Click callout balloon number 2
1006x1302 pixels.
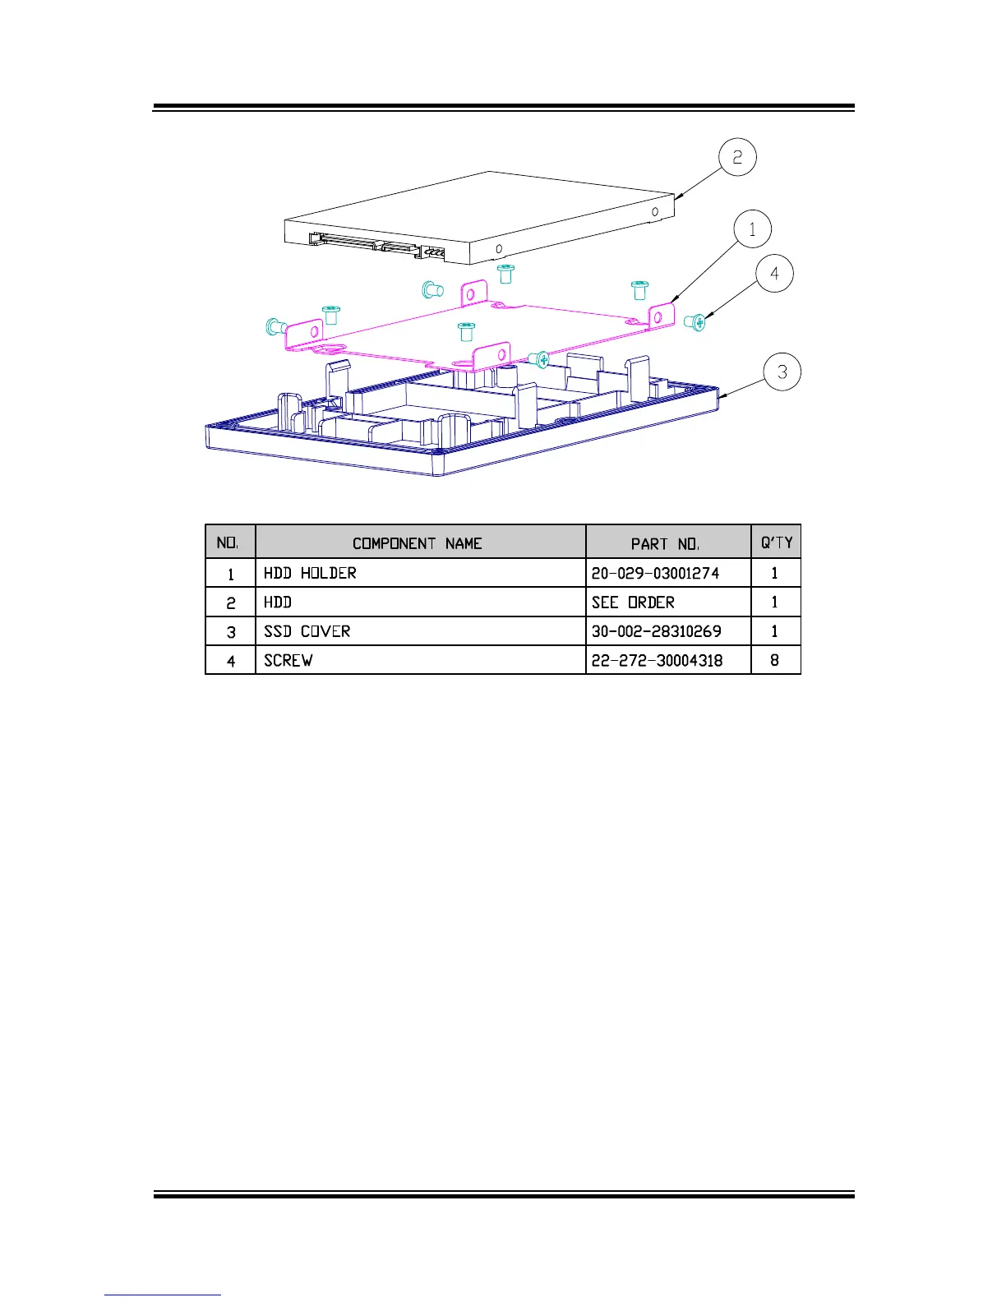click(x=737, y=157)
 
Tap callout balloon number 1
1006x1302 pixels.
click(x=752, y=229)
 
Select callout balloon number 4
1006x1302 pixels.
click(x=774, y=274)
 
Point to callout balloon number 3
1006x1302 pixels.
click(x=782, y=372)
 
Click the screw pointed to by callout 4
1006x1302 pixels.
click(x=695, y=323)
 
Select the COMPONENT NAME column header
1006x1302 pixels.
click(x=417, y=543)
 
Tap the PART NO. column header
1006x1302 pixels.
click(x=665, y=543)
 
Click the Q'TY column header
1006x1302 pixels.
click(x=776, y=542)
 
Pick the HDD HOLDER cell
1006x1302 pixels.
click(x=311, y=573)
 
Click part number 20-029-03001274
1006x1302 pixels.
click(x=655, y=573)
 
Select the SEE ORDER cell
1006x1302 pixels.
click(x=633, y=603)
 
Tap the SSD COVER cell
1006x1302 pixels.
click(x=307, y=631)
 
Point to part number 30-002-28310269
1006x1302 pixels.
click(x=656, y=631)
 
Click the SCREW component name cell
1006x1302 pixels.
click(x=288, y=660)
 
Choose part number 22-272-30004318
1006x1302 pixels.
click(x=657, y=660)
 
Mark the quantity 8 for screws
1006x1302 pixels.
click(x=774, y=660)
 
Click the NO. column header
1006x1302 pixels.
click(x=228, y=543)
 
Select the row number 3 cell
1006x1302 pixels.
click(x=231, y=631)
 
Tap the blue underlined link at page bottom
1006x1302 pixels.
click(x=163, y=1295)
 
